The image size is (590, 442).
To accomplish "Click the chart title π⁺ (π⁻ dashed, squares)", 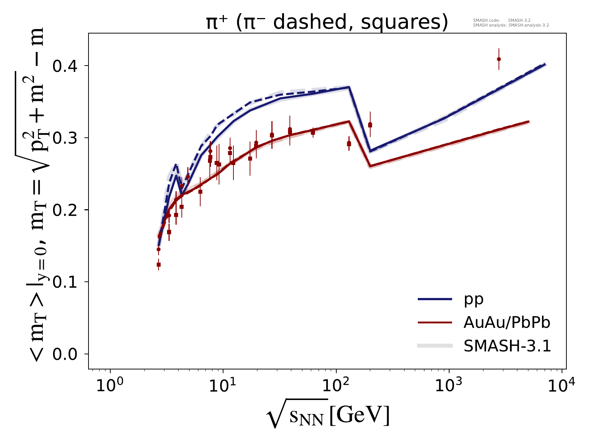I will (x=327, y=22).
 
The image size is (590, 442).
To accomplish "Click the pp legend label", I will (x=474, y=299).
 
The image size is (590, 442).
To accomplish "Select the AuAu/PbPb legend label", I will (x=507, y=323).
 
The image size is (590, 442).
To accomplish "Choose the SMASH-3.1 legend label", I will (x=507, y=346).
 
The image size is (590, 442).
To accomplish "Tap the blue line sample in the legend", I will (x=435, y=299).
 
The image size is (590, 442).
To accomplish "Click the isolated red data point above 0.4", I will (x=499, y=59).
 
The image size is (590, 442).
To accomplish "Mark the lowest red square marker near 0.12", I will (x=159, y=264).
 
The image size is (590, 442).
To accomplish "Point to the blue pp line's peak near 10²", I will (x=348, y=87).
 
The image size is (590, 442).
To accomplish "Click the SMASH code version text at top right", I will (x=502, y=21).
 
